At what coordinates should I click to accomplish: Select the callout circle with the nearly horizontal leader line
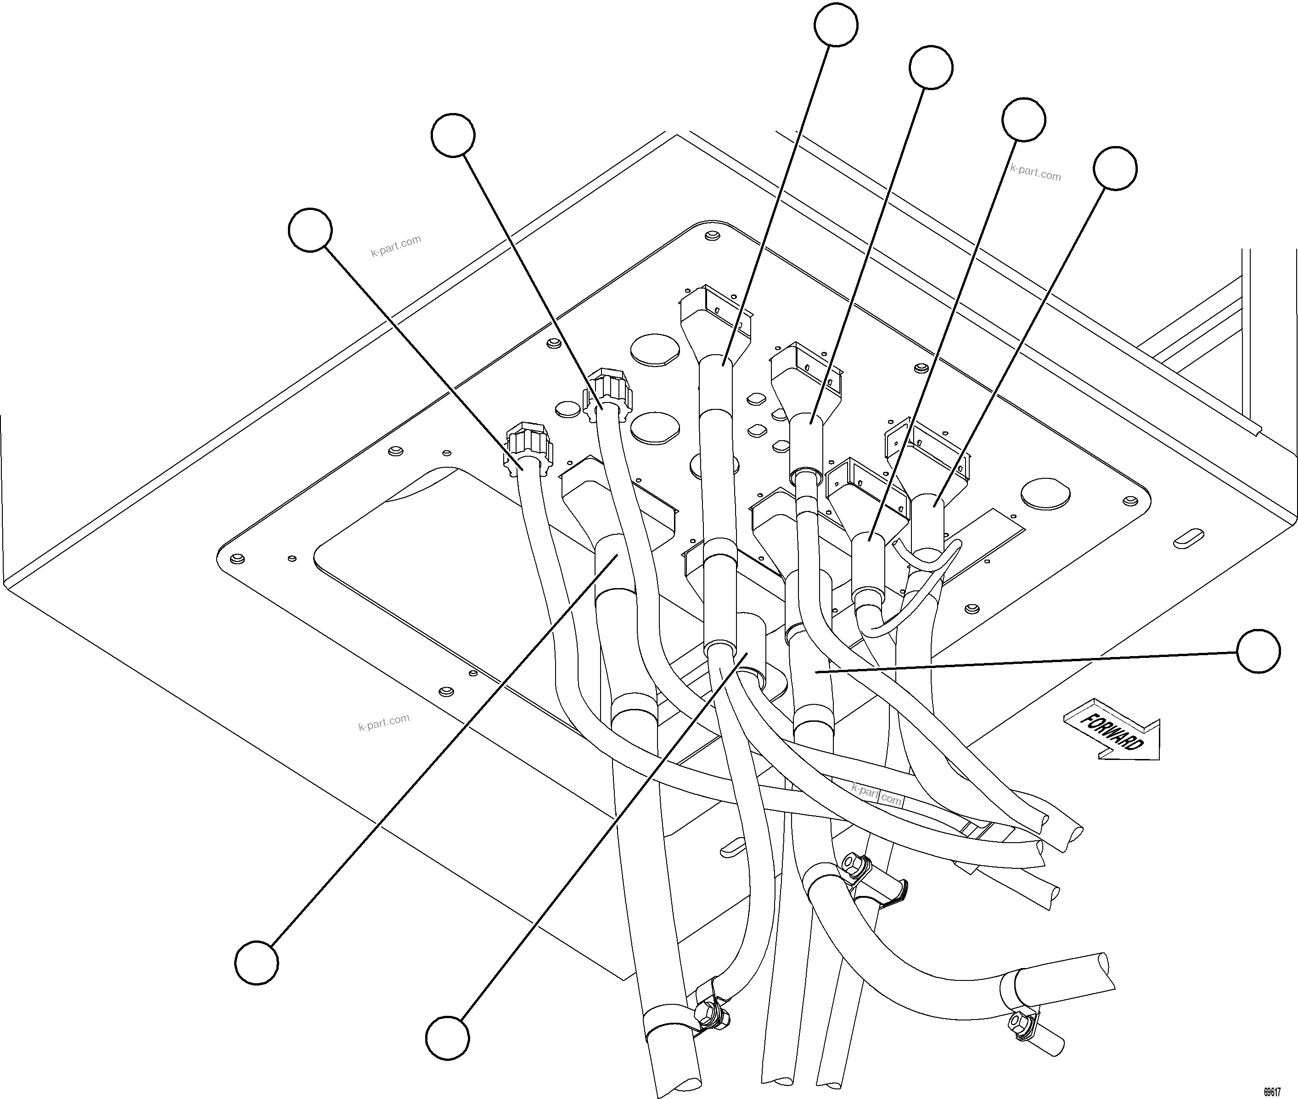[1258, 651]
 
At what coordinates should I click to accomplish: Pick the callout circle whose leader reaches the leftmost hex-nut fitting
[310, 230]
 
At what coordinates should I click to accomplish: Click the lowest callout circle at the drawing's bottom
[447, 1037]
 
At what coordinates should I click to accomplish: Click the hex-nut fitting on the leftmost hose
[528, 448]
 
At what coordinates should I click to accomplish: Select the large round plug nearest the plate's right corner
[1046, 492]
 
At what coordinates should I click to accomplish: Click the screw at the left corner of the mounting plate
[236, 558]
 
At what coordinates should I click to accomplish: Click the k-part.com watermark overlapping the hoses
[877, 795]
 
